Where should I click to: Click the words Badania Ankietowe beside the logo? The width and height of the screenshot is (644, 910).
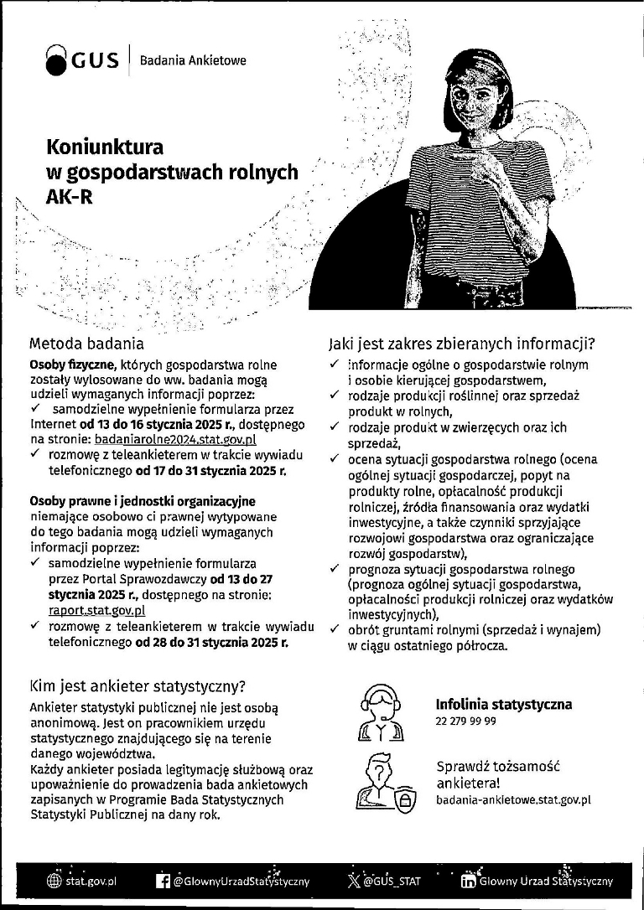(193, 61)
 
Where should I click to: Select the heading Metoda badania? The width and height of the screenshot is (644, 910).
(86, 343)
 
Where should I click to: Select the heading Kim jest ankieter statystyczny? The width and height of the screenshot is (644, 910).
(137, 686)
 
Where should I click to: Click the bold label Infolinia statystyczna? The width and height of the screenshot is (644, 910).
(504, 705)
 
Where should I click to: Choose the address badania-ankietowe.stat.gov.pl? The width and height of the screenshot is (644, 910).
(513, 799)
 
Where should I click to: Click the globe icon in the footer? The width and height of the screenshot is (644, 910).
(55, 882)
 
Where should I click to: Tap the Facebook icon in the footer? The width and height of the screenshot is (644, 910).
(164, 882)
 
